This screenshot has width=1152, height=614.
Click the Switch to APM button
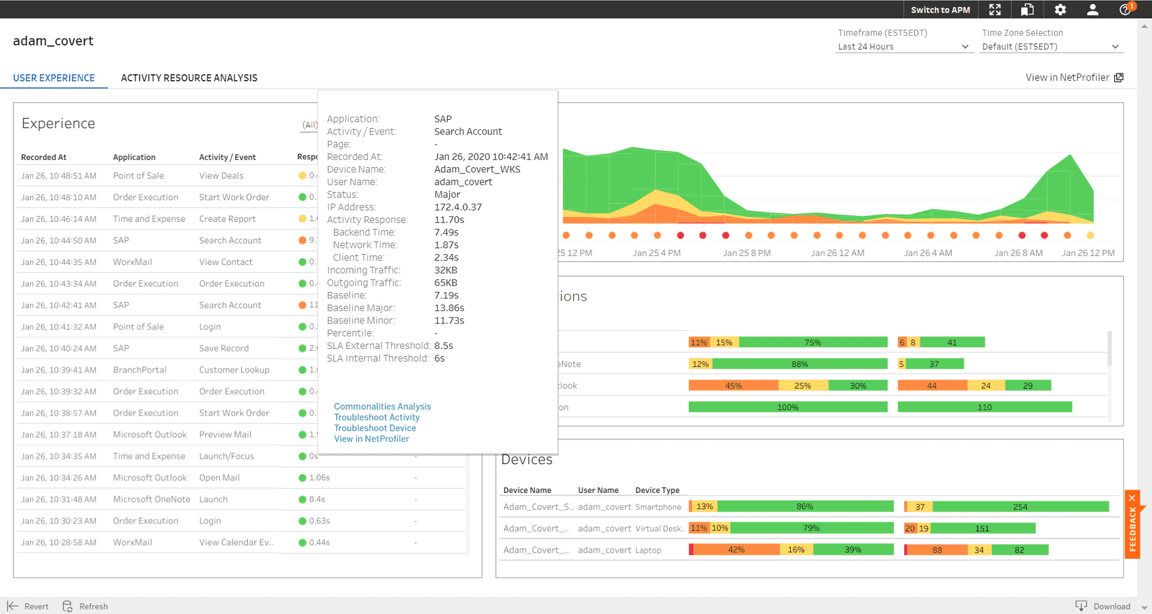click(940, 10)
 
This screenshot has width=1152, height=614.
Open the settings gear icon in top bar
click(1060, 10)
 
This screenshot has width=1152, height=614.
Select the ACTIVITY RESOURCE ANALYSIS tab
click(189, 77)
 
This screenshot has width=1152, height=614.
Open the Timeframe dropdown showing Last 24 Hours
click(903, 47)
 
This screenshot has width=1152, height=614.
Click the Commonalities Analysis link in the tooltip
click(382, 407)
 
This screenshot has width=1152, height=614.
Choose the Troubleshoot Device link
click(375, 428)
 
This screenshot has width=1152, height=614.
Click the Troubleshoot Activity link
click(377, 417)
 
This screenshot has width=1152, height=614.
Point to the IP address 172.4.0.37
click(458, 207)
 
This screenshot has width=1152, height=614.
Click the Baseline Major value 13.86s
click(449, 308)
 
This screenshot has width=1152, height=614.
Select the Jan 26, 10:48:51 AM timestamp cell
click(58, 175)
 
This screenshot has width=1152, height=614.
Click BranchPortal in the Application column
click(140, 370)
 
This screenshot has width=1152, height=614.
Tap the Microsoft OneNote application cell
click(151, 499)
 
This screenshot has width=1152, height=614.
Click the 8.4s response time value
click(317, 499)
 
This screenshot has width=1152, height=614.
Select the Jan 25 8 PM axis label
click(747, 253)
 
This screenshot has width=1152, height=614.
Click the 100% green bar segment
click(788, 407)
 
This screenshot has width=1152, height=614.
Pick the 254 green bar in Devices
click(1020, 506)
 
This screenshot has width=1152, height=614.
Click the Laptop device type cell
click(648, 550)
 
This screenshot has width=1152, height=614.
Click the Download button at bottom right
click(1111, 606)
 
